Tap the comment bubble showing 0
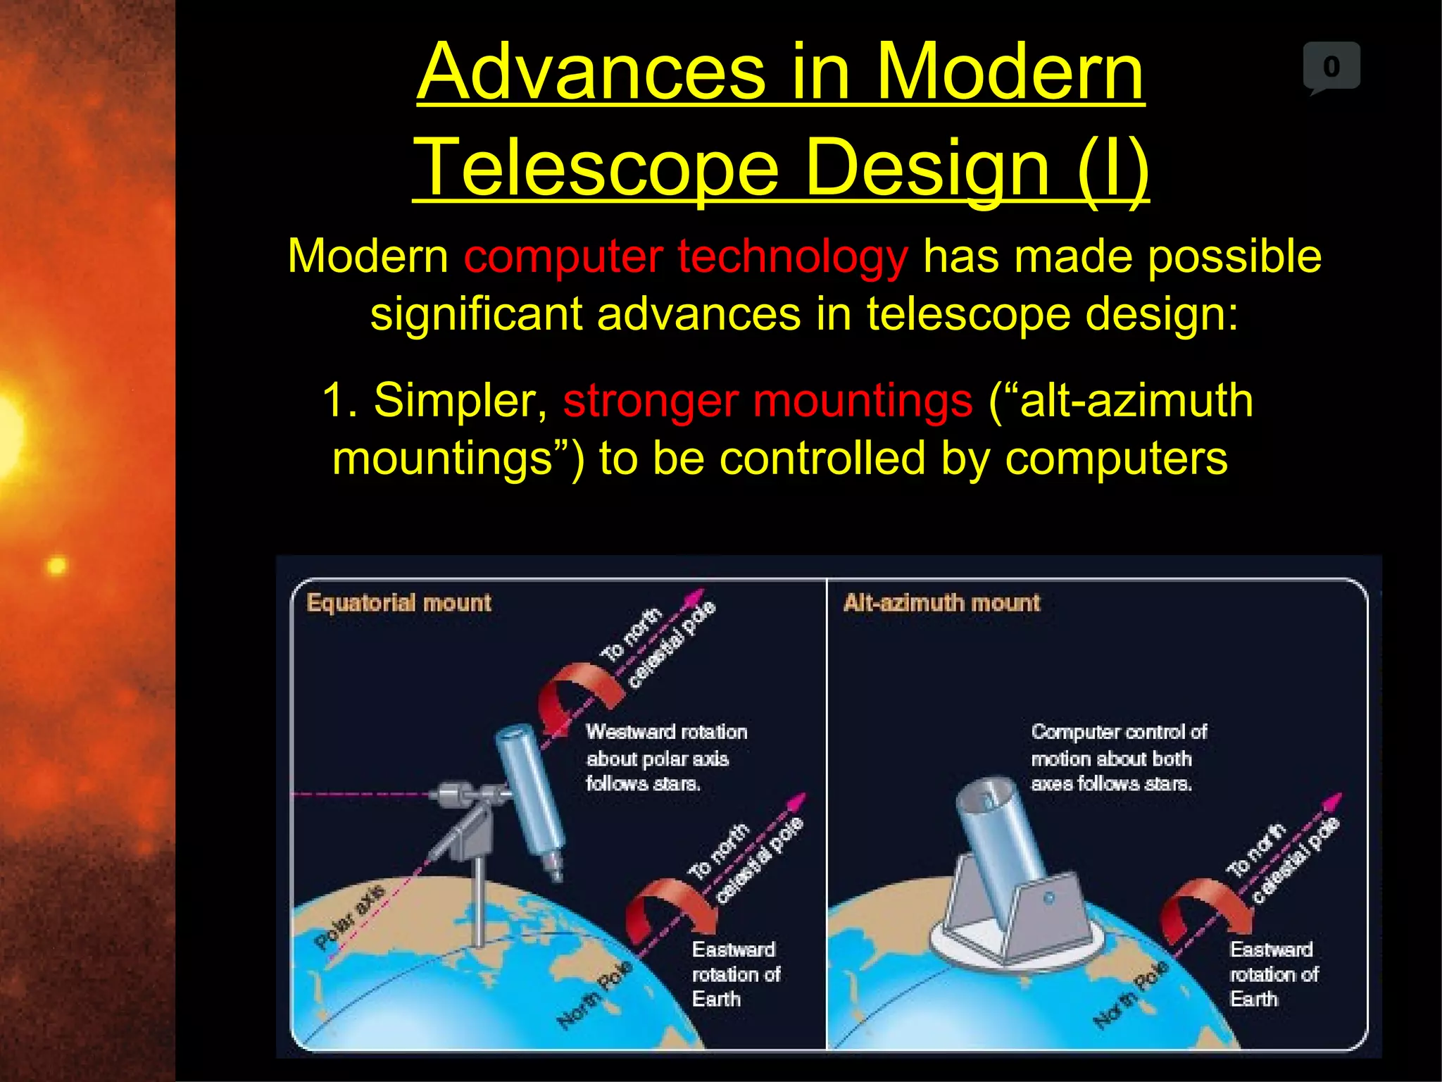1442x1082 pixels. (x=1331, y=67)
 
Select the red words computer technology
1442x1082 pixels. (x=686, y=256)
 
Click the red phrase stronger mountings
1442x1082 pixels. (x=767, y=400)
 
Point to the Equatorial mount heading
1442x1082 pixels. (x=399, y=603)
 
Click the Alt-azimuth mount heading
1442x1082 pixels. (x=941, y=603)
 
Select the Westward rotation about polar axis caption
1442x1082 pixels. (x=666, y=757)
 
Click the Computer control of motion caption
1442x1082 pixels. (x=1118, y=757)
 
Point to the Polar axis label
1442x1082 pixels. (x=350, y=916)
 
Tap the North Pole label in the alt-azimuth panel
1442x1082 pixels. (x=1130, y=994)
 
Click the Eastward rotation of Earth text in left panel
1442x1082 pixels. (x=734, y=974)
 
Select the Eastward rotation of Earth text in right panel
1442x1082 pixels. (x=1272, y=974)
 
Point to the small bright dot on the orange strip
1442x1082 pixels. (x=57, y=566)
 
